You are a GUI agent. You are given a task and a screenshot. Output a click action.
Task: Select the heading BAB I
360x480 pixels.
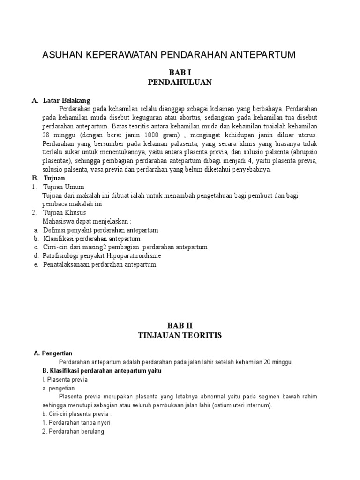[x=180, y=72]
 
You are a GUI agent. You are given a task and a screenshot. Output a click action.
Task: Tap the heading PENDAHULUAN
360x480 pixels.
[x=180, y=82]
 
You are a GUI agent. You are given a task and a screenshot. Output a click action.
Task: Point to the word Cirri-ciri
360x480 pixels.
[x=55, y=247]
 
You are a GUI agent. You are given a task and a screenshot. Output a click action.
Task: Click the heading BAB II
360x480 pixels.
[x=180, y=325]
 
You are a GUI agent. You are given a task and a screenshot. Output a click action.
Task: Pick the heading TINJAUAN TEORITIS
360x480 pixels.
[x=180, y=336]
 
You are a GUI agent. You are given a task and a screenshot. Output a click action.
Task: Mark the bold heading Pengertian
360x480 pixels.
[x=57, y=353]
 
